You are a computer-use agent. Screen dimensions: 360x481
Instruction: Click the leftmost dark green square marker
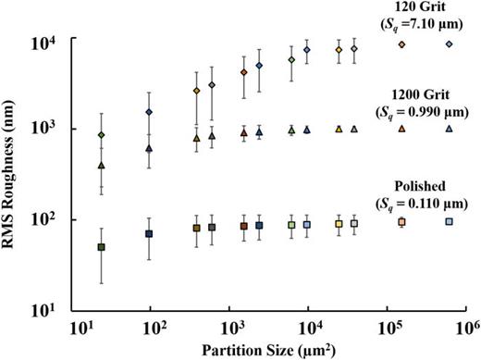[101, 247]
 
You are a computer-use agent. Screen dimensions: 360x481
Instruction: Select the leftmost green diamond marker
[101, 135]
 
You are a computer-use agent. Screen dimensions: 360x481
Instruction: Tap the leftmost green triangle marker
[101, 166]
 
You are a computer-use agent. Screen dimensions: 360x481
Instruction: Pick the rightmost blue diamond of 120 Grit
[449, 43]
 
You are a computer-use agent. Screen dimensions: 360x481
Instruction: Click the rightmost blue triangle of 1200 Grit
[449, 129]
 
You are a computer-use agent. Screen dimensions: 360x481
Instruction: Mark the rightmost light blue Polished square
[449, 222]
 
